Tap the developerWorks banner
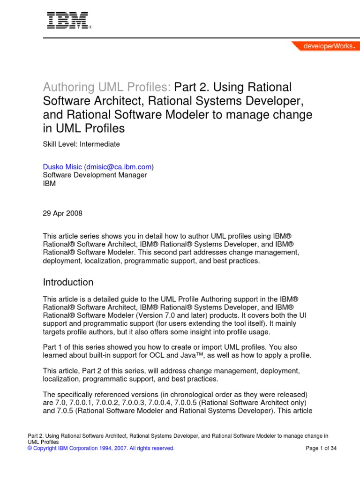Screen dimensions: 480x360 point(325,46)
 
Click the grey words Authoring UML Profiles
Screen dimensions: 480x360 point(107,87)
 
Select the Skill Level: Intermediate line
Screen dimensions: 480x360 point(81,144)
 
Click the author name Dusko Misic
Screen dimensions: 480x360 point(62,166)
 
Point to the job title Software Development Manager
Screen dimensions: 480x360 point(95,175)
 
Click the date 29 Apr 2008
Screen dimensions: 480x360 point(62,213)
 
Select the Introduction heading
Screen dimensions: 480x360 point(68,282)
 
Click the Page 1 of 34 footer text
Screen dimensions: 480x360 point(321,448)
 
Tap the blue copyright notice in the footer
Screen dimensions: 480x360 point(101,448)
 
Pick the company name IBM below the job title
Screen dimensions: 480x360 point(49,183)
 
